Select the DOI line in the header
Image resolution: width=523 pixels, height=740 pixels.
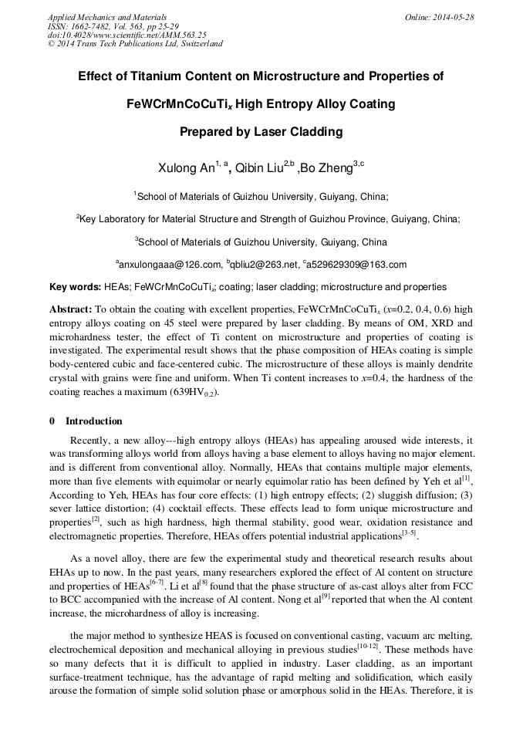[127, 35]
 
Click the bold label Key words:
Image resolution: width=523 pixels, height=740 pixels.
[75, 287]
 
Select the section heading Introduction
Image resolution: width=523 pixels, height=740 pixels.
[93, 421]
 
